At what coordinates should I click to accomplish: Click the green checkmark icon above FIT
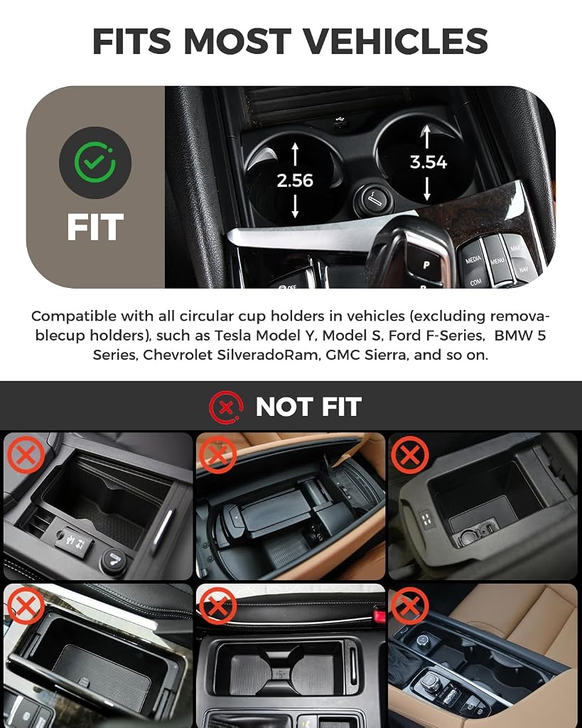95,163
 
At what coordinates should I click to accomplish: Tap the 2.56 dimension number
295,181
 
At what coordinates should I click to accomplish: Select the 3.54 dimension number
428,162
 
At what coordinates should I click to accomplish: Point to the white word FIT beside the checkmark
95,227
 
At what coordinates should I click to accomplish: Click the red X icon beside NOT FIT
226,407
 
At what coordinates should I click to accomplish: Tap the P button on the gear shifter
426,265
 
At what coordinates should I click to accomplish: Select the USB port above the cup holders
340,122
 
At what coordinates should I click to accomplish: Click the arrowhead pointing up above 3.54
426,131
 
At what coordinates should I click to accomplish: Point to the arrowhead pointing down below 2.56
295,213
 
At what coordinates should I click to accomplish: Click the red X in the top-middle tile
217,454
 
